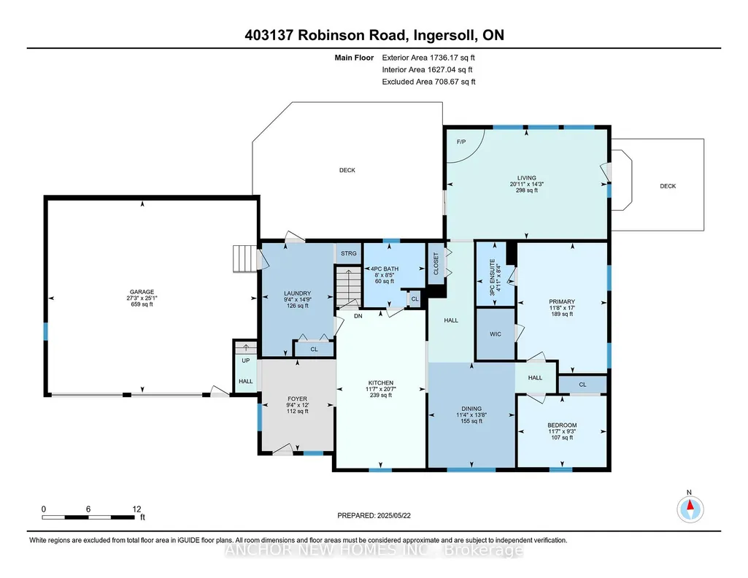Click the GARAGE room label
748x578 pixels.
click(x=142, y=292)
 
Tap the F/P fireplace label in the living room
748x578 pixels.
click(x=460, y=142)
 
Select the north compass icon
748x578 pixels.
click(x=690, y=509)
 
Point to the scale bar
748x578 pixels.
click(x=88, y=517)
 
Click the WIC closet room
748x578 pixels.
click(x=496, y=334)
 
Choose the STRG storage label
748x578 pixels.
click(x=348, y=253)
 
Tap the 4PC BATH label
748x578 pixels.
click(x=385, y=269)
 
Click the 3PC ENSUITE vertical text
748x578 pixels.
click(x=493, y=277)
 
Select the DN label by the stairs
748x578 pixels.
click(x=358, y=316)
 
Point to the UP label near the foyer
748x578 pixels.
click(x=246, y=361)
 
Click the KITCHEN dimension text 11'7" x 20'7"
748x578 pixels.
click(x=381, y=389)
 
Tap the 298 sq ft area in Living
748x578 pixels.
click(x=527, y=190)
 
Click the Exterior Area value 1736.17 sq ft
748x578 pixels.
click(x=452, y=58)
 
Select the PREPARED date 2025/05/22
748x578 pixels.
click(x=393, y=515)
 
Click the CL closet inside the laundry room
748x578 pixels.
click(x=314, y=349)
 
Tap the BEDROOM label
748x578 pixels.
click(x=562, y=425)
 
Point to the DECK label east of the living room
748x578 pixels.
click(x=668, y=186)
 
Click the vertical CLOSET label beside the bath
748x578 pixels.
click(x=436, y=263)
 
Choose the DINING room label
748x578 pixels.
click(x=471, y=409)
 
